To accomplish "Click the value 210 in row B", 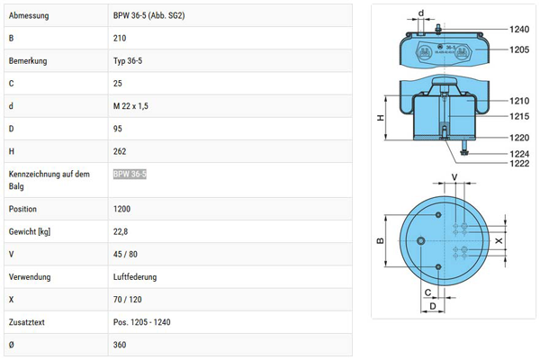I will point(120,39).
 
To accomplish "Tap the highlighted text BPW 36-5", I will point(130,174).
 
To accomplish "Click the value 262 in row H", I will point(121,151).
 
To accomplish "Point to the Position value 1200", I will point(122,209).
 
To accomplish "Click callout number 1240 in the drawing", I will point(519,30).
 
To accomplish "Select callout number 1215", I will point(519,116).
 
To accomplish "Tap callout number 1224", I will point(519,154).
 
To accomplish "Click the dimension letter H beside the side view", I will point(381,119).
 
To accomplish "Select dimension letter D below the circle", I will point(434,307).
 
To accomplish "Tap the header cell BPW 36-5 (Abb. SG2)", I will point(150,16).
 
